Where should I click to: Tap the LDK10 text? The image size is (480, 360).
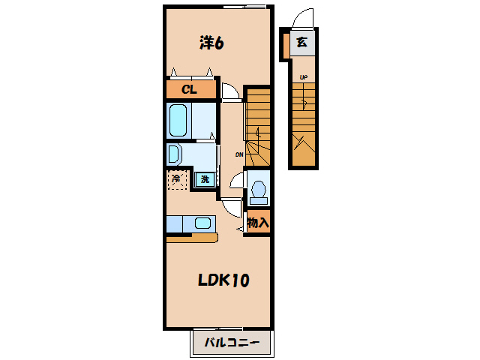point(223,280)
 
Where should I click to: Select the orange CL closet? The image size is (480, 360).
point(192,90)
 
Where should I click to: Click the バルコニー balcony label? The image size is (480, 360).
point(232,343)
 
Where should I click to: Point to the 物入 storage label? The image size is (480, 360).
point(257,223)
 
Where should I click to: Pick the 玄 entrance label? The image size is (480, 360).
point(301,43)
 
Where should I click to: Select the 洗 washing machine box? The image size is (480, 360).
point(203,179)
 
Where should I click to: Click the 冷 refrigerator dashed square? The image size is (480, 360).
point(177,179)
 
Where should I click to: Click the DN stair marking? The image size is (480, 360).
point(238,154)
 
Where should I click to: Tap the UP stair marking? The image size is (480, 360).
point(304,76)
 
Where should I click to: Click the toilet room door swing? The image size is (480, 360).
point(237,181)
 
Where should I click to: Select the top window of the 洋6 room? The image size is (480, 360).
point(244,7)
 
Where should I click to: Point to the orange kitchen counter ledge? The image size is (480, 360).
point(192,238)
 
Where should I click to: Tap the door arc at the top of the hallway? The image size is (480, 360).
point(229,89)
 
